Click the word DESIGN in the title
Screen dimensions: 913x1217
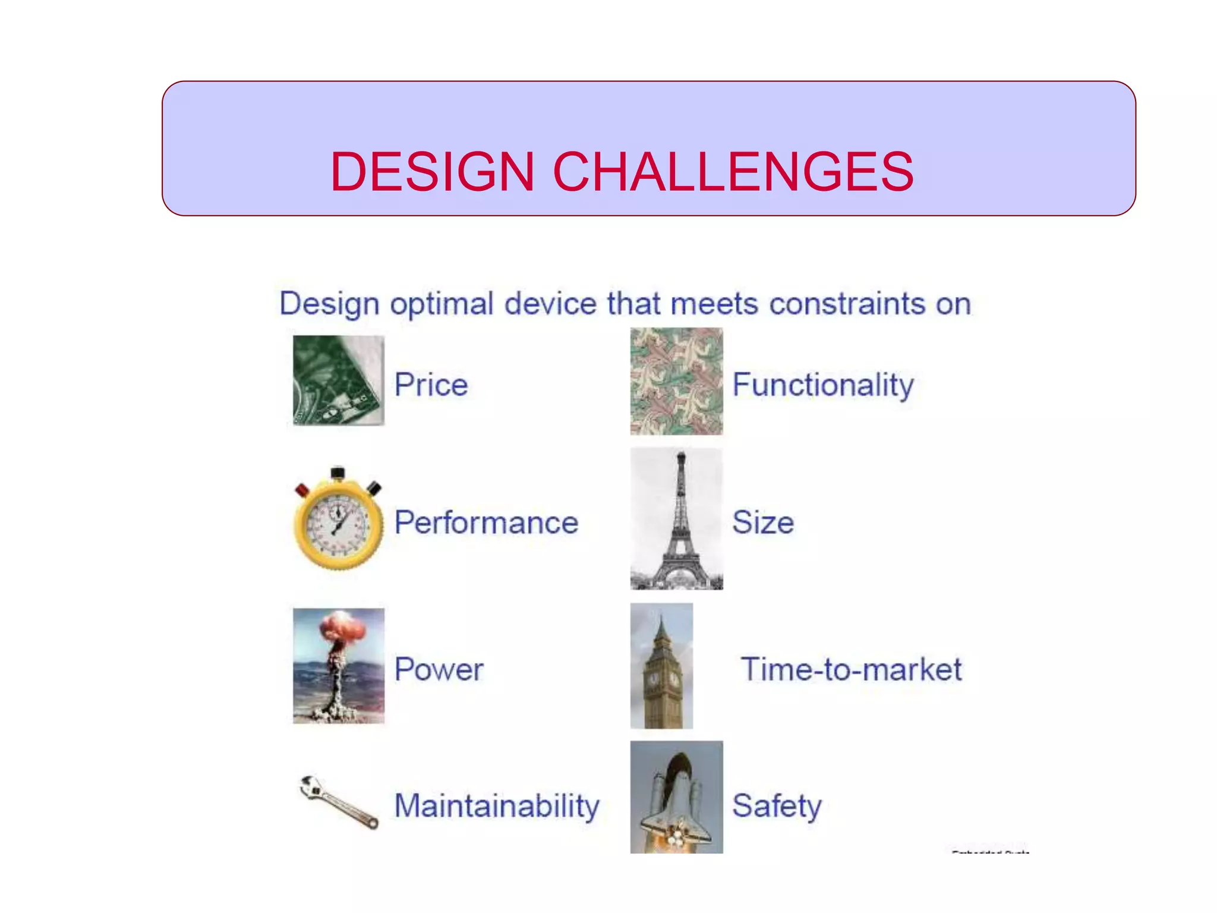pos(432,172)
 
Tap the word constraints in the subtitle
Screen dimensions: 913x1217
pos(847,304)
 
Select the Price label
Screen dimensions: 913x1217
pos(431,385)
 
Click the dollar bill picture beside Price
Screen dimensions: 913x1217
pos(338,380)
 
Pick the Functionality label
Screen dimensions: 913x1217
pos(822,385)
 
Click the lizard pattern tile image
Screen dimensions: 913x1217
pos(676,381)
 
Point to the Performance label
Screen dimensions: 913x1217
pos(486,522)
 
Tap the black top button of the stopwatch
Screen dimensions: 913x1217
pos(338,473)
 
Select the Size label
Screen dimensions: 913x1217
pos(762,522)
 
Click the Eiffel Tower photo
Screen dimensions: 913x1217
pos(676,518)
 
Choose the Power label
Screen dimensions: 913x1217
pos(439,669)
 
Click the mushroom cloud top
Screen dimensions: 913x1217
pos(343,630)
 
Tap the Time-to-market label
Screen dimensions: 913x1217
pos(850,669)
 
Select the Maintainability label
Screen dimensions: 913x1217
pos(497,806)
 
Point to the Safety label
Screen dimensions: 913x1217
pos(776,806)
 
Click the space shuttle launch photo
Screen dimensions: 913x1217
pos(676,797)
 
